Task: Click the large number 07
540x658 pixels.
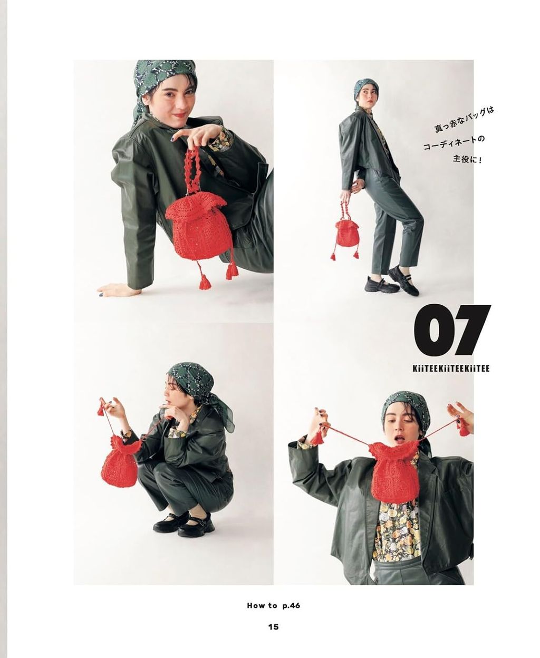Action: pyautogui.click(x=452, y=331)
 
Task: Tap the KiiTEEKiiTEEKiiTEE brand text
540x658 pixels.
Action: pyautogui.click(x=452, y=368)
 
